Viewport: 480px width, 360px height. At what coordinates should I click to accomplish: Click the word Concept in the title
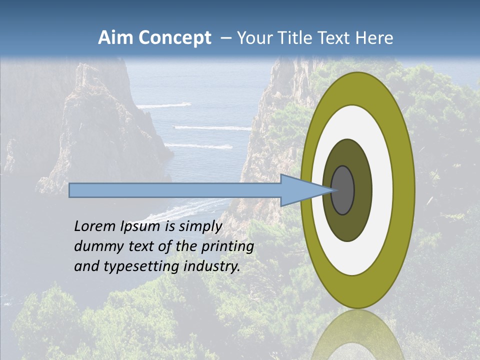(174, 38)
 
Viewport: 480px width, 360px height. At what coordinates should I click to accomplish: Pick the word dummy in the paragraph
(95, 246)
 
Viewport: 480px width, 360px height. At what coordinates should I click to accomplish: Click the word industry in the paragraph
(212, 266)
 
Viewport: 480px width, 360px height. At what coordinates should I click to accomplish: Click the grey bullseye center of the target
(343, 190)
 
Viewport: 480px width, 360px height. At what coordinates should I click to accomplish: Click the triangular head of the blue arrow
(300, 190)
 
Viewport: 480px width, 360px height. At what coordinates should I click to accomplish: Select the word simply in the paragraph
(200, 226)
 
